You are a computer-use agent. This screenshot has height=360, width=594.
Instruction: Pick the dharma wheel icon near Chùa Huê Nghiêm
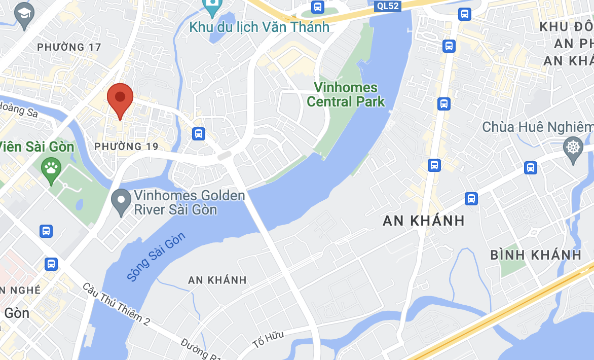tap(573, 148)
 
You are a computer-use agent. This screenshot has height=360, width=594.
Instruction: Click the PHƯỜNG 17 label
tap(69, 47)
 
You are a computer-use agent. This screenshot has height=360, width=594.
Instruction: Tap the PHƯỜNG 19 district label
tap(126, 147)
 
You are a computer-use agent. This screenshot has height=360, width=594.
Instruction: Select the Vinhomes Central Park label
tap(346, 94)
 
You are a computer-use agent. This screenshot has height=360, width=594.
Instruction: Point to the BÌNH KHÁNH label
tap(536, 255)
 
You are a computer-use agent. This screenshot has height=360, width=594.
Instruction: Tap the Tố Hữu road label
tap(268, 339)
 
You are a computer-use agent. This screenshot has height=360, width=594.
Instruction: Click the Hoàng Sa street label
tap(19, 109)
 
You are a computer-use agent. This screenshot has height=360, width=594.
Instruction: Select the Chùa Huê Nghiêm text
tap(537, 127)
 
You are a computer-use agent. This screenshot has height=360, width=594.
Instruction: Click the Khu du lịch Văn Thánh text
tap(259, 27)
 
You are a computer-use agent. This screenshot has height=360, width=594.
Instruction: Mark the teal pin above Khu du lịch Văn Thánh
tap(212, 7)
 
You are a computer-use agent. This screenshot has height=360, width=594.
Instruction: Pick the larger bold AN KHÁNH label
tap(424, 221)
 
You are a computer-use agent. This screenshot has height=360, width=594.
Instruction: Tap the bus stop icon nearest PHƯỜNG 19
tap(198, 134)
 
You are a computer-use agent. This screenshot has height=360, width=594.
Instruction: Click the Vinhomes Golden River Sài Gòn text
tap(189, 202)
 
